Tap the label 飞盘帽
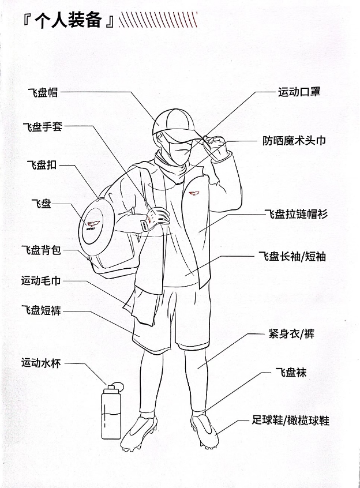[43, 92]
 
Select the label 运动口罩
[299, 92]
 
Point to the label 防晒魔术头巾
[294, 140]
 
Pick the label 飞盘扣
[42, 166]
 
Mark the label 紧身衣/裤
[291, 333]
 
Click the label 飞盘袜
[291, 373]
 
